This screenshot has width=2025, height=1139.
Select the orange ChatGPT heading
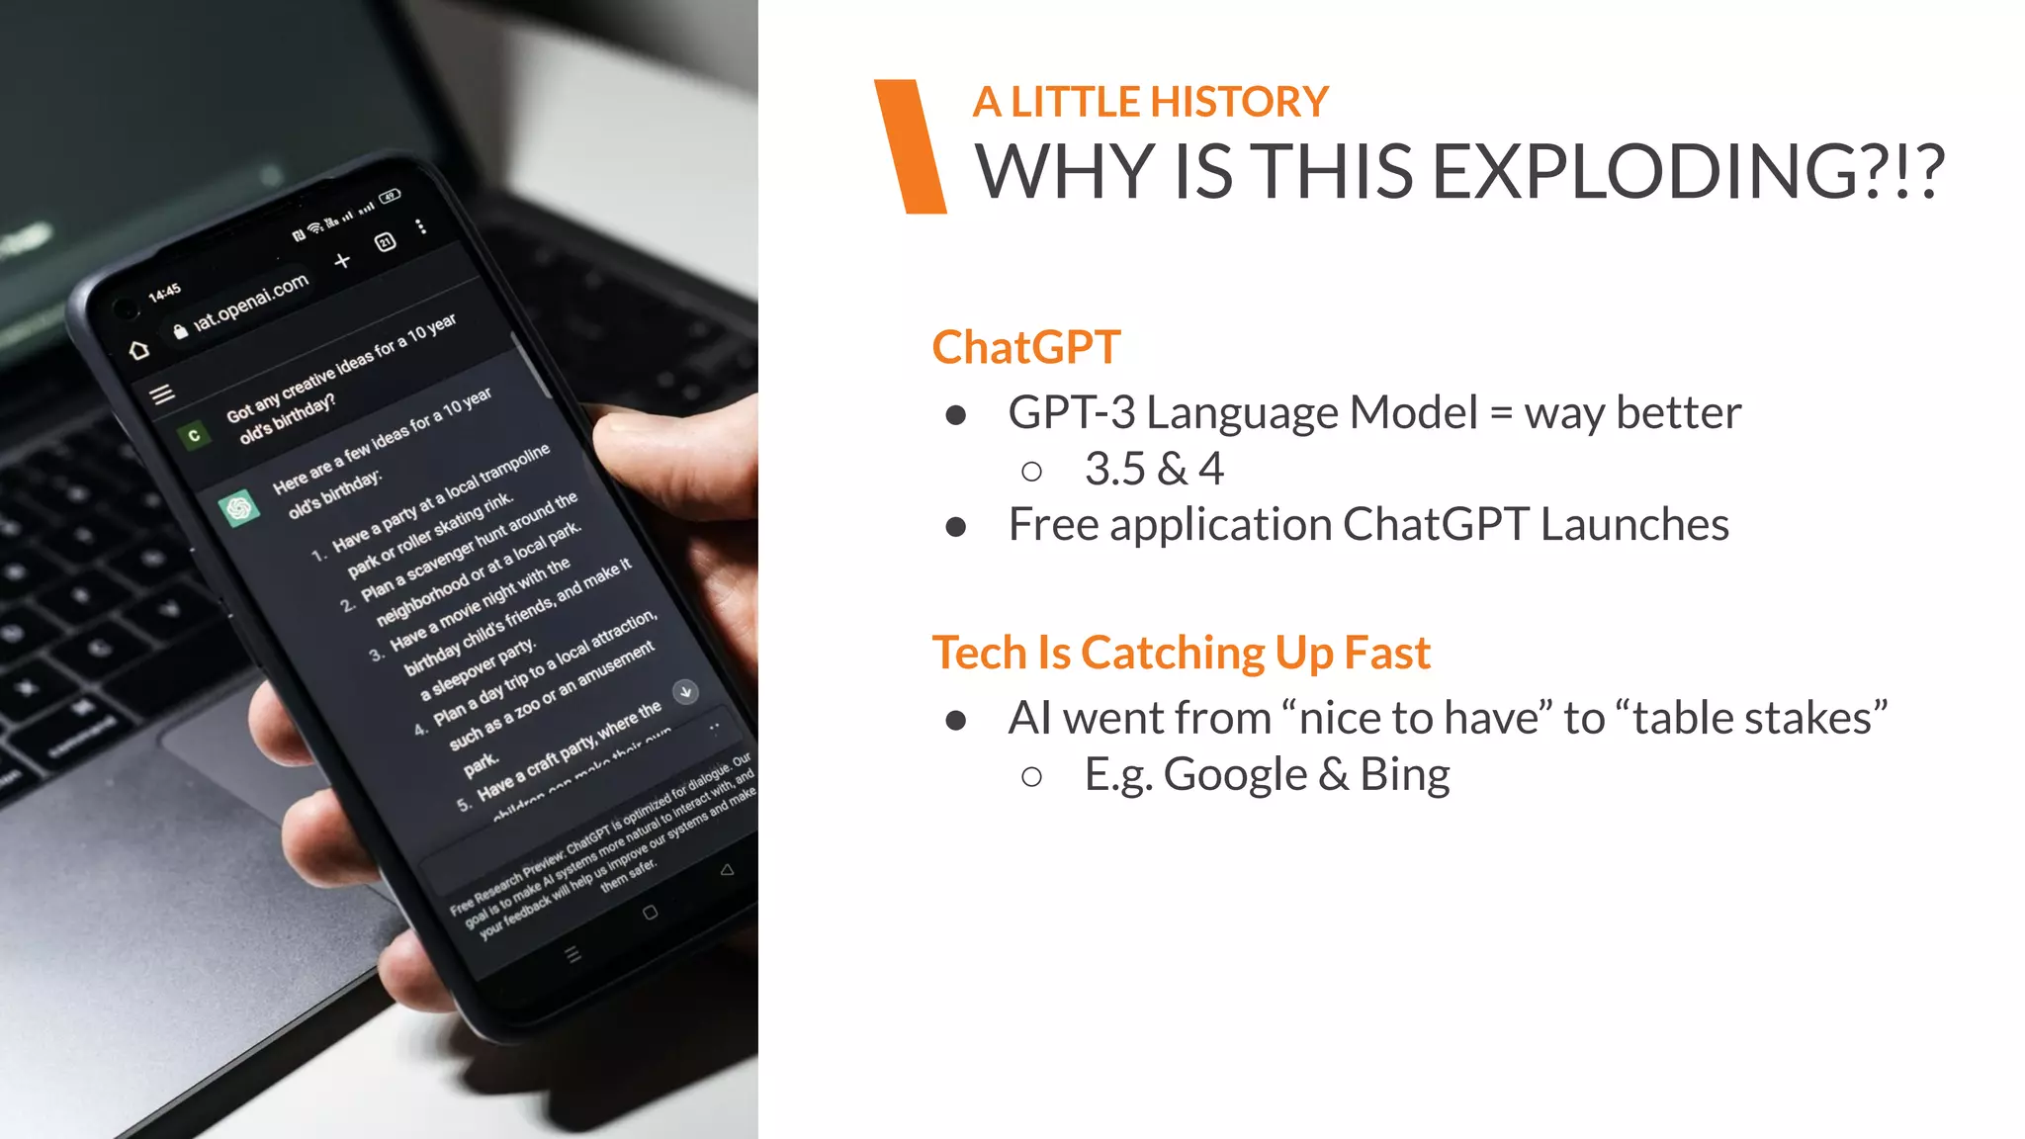1025,348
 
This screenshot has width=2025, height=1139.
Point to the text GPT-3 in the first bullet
1071,412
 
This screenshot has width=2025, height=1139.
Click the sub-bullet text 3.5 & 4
1154,469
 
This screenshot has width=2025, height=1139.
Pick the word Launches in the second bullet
1634,524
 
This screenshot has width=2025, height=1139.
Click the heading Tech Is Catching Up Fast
1181,653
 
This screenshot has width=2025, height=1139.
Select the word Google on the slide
1235,774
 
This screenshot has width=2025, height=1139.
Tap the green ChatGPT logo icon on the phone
238,508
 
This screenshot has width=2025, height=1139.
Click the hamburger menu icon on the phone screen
162,394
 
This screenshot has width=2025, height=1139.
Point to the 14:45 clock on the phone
164,292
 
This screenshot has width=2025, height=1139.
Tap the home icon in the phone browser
139,349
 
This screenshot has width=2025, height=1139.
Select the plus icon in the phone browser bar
342,261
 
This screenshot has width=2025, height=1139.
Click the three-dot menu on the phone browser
422,227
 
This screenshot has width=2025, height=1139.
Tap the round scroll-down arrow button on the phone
685,691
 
